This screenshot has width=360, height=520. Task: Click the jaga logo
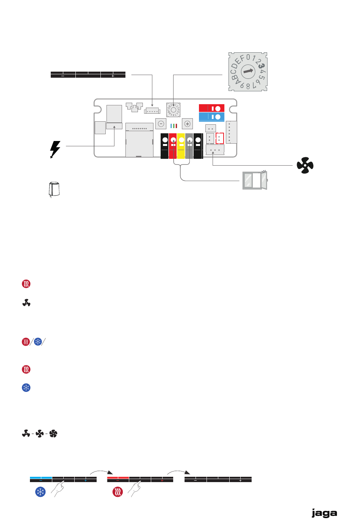(324, 513)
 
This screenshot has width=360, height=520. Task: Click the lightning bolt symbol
(55, 149)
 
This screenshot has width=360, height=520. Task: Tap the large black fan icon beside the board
(305, 166)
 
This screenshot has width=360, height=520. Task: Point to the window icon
(255, 180)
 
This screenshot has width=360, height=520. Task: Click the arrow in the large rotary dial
(248, 71)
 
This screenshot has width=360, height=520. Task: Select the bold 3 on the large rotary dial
(261, 66)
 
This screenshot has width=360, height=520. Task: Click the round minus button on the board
(161, 124)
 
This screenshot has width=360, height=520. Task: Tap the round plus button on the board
(187, 124)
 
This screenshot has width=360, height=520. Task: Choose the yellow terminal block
(181, 146)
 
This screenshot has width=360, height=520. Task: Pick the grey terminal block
(189, 146)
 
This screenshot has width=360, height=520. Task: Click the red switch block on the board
(211, 108)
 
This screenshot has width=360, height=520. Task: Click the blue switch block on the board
(211, 117)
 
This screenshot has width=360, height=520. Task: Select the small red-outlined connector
(220, 138)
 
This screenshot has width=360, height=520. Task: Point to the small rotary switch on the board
(173, 110)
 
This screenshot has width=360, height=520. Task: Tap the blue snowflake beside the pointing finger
(41, 492)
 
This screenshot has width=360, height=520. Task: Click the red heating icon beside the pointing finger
(118, 492)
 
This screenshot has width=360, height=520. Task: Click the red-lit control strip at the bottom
(140, 479)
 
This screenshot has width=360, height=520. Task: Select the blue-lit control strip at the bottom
(63, 479)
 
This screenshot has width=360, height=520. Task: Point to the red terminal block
(173, 146)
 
